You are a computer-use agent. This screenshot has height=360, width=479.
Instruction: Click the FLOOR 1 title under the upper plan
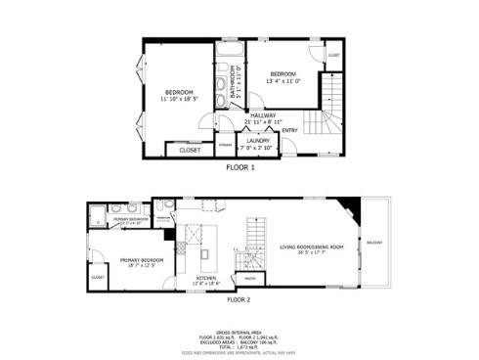point(240,167)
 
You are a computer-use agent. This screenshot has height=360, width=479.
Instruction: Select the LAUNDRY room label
point(258,140)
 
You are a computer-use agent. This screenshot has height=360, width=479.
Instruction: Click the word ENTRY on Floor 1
point(290,130)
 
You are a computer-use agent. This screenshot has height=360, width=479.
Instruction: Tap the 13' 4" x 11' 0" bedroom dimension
point(283,80)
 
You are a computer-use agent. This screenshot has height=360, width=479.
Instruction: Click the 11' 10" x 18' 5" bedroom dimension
point(178,97)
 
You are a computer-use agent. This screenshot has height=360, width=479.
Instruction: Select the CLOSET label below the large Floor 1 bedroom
point(190,151)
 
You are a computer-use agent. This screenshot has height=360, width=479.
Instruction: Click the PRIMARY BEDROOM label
point(138,259)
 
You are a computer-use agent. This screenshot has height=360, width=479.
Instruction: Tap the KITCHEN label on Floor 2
point(206,278)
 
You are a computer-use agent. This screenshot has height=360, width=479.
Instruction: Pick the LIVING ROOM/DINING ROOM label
point(310,247)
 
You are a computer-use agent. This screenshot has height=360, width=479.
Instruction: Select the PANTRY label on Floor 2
point(249,278)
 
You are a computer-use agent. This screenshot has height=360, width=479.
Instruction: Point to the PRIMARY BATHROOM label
point(130,219)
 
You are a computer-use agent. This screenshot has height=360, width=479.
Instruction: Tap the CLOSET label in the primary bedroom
point(98,278)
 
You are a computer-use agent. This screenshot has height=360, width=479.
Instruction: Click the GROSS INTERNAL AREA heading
point(239,332)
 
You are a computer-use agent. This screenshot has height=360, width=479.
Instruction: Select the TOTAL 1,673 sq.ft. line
point(239,347)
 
